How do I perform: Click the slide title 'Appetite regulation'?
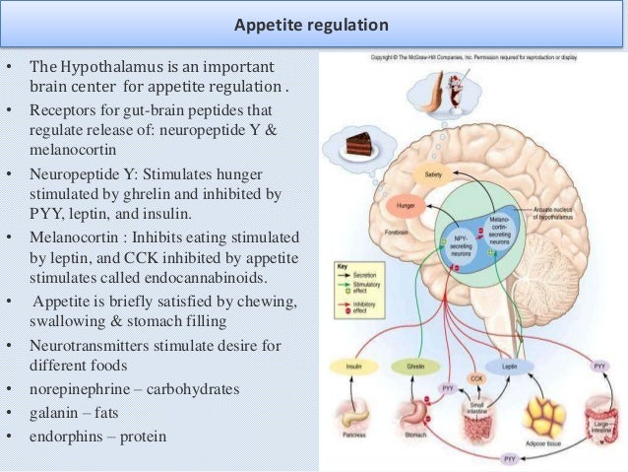[314, 23]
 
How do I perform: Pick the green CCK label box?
[476, 377]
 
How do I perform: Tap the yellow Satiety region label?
[433, 173]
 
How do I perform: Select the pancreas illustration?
[351, 413]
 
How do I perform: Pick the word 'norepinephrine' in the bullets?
[77, 389]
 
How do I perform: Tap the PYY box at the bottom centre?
[509, 459]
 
